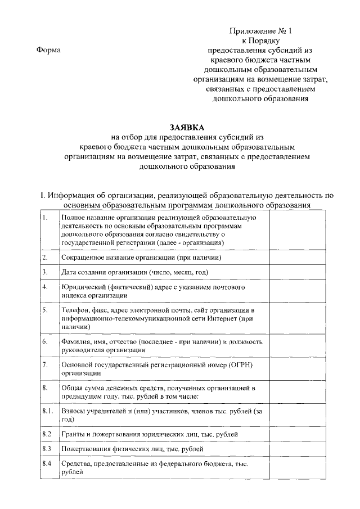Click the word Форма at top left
pos(47,51)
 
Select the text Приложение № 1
pos(262,31)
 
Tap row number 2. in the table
pos(46,258)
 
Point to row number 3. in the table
pos(46,272)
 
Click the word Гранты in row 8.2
pos(74,435)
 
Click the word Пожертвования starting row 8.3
pos(88,449)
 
